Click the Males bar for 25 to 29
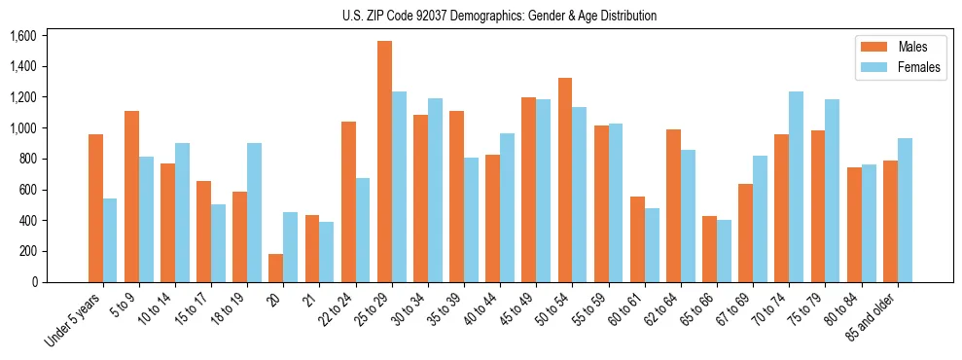click(x=384, y=162)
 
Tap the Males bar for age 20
click(x=276, y=268)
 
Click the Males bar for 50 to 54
click(x=565, y=180)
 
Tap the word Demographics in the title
click(x=515, y=16)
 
